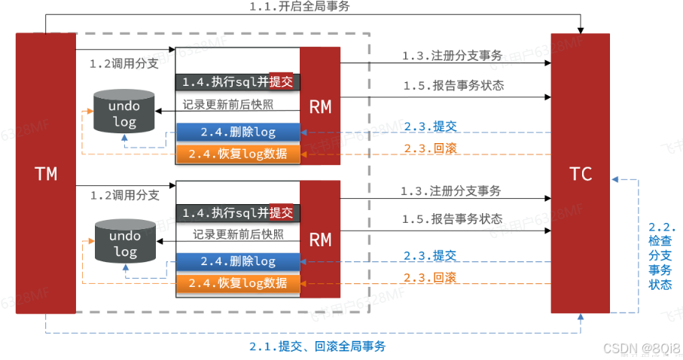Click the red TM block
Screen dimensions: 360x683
[45, 173]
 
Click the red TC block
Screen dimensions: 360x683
[580, 173]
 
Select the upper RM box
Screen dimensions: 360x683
[320, 106]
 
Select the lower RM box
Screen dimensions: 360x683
[320, 239]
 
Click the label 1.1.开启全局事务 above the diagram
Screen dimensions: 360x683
[309, 7]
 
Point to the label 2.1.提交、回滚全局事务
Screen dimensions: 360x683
[317, 346]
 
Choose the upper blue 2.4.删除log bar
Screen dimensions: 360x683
[237, 133]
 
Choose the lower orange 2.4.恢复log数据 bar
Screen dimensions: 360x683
[237, 283]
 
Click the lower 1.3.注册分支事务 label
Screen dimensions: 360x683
[451, 191]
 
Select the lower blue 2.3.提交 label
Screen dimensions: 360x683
[429, 256]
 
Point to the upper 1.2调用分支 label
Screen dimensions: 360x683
[123, 64]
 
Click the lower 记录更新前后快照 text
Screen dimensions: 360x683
[238, 234]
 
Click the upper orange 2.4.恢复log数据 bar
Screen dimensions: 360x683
[237, 154]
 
